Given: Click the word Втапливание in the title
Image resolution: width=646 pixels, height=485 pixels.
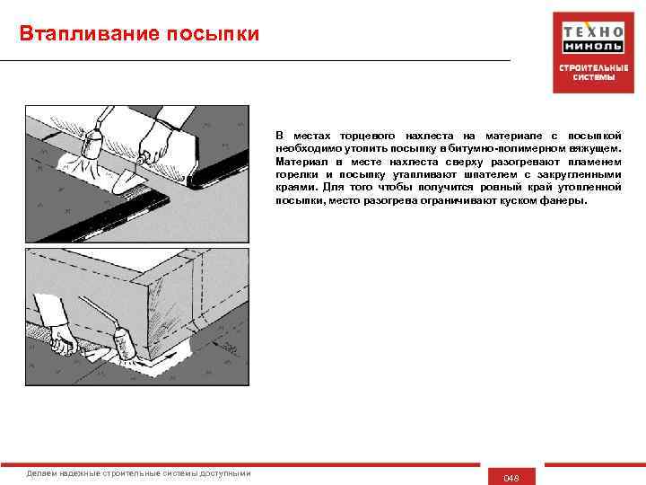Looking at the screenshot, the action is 90,34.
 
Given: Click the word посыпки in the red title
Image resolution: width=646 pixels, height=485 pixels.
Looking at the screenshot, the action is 213,34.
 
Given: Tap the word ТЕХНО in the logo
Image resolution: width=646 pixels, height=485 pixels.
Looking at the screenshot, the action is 593,31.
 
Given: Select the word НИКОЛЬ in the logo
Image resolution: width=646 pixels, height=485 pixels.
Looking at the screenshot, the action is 593,46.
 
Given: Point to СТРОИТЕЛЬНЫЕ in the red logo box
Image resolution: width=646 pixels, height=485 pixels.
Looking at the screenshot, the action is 594,68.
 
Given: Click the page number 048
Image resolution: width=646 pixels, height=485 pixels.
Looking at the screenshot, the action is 511,479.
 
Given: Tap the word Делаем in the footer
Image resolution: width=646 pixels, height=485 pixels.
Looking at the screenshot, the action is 41,473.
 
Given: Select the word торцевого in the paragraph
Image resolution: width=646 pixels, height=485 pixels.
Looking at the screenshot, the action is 367,136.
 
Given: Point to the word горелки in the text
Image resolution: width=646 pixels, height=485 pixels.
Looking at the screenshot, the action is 297,174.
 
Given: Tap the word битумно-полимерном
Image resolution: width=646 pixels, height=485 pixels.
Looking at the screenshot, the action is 507,148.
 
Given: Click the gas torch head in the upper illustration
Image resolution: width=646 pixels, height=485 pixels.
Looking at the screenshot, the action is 92,142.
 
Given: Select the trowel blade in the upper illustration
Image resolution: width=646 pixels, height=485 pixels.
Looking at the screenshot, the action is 127,182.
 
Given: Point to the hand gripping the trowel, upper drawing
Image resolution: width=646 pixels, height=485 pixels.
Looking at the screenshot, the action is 155,142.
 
